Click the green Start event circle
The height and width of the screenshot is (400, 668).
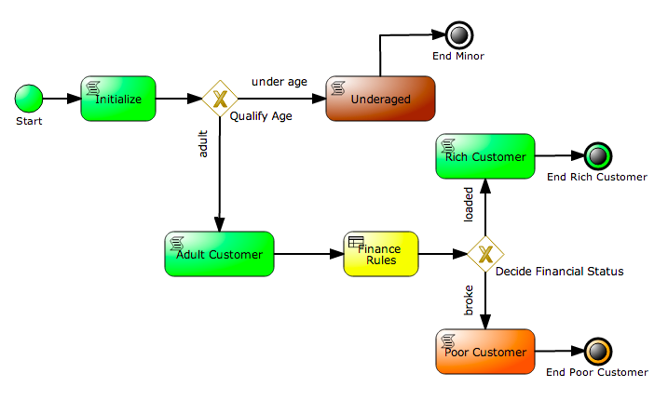click(x=29, y=98)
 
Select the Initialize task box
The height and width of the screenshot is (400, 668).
click(x=118, y=98)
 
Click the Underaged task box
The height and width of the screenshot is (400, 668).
click(x=380, y=99)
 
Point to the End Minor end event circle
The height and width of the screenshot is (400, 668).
click(x=457, y=35)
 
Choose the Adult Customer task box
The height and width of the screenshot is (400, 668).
click(x=220, y=254)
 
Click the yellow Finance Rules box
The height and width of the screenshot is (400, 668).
click(x=381, y=254)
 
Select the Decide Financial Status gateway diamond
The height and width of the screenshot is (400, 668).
click(x=484, y=254)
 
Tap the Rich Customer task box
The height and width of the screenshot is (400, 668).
click(x=484, y=156)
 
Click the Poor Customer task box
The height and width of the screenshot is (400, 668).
click(x=484, y=352)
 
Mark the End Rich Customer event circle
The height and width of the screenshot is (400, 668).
click(x=595, y=156)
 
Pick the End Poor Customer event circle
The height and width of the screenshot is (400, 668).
click(x=595, y=352)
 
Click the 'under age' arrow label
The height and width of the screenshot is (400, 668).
click(x=279, y=82)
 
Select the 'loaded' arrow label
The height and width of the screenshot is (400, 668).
click(x=469, y=205)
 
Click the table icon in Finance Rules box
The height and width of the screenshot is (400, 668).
click(x=355, y=242)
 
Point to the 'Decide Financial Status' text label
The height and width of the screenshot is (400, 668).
click(x=559, y=272)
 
